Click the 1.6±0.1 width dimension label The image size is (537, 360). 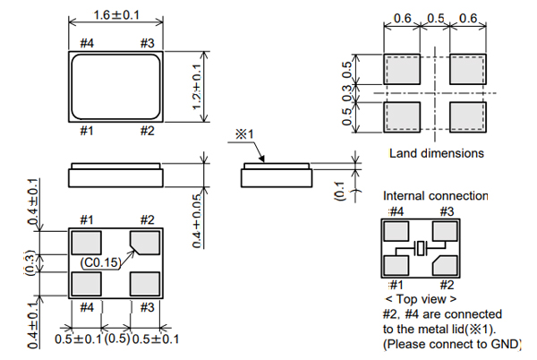[x=115, y=15]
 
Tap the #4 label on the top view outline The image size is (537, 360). [x=87, y=42]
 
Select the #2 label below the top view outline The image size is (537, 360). [x=148, y=131]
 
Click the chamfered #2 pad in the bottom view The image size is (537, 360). [x=145, y=243]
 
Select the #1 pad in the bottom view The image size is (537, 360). [x=87, y=243]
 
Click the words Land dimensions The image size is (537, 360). [x=436, y=153]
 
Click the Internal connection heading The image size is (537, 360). [x=435, y=195]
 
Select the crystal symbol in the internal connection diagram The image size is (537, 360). [x=424, y=249]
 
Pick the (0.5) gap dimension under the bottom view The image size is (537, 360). [x=115, y=339]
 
